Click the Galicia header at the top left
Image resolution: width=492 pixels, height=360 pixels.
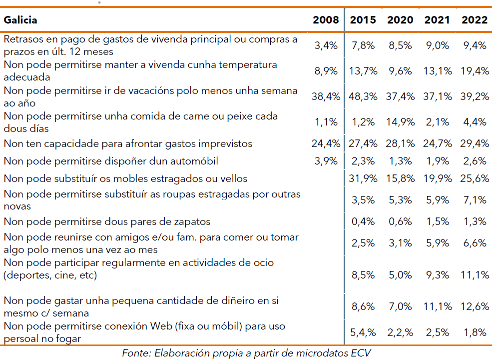(x=20, y=20)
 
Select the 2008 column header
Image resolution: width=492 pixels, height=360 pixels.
(x=325, y=20)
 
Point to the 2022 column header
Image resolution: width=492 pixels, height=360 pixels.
(x=475, y=20)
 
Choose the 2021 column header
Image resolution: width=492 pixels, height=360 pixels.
(x=437, y=20)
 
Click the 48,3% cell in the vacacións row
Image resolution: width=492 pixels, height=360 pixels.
(x=363, y=96)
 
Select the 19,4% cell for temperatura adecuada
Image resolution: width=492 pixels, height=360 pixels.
(x=475, y=71)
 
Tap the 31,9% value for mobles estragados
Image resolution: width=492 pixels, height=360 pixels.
(x=363, y=178)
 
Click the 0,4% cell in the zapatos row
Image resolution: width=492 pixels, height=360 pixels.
(x=364, y=221)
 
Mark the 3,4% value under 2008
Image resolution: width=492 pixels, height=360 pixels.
(x=326, y=45)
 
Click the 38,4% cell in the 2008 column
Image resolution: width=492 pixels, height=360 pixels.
(x=325, y=96)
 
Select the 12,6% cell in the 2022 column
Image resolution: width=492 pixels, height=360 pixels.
(x=475, y=306)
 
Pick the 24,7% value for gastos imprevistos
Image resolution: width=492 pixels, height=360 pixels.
(x=437, y=144)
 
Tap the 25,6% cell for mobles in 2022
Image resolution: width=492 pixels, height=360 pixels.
(x=475, y=178)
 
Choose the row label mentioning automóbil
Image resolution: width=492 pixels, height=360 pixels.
(x=111, y=161)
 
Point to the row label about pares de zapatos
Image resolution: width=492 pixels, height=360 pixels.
(x=107, y=221)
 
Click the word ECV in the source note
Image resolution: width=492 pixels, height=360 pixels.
(x=361, y=352)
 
